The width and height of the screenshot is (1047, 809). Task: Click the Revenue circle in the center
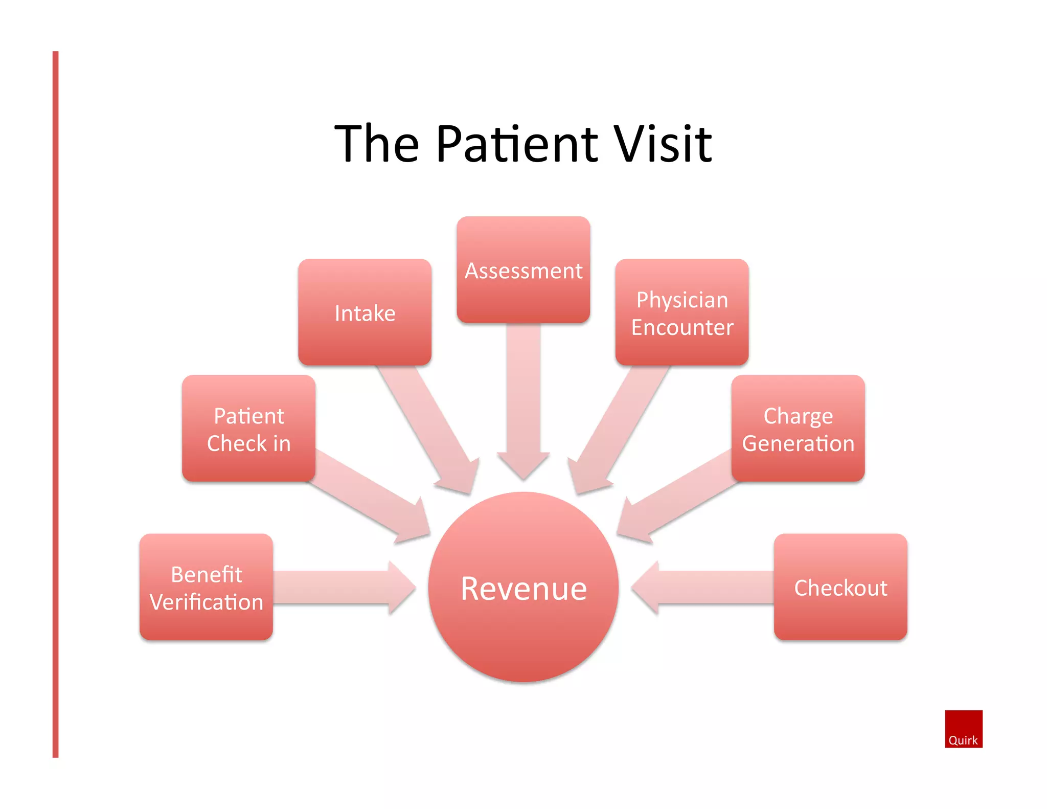tap(523, 587)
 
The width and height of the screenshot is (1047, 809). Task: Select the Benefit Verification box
tap(206, 587)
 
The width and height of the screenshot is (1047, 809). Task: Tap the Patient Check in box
tap(248, 429)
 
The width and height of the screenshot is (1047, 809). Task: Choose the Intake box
tap(365, 312)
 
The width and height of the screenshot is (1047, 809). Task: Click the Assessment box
tap(523, 270)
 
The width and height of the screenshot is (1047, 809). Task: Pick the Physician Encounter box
tap(681, 312)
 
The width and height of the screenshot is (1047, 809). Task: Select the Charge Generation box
tap(798, 429)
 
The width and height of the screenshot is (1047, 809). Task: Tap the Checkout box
tap(840, 587)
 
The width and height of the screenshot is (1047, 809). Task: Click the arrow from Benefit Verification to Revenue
tap(343, 587)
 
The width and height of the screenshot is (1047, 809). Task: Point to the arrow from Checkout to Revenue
tap(705, 587)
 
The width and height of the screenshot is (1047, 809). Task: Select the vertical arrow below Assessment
tap(523, 399)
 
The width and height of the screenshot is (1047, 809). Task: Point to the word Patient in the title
tap(516, 144)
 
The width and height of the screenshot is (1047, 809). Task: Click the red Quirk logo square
tap(963, 728)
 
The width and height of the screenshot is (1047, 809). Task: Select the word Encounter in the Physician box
tap(682, 327)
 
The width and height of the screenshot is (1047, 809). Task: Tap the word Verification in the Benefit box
tap(207, 602)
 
